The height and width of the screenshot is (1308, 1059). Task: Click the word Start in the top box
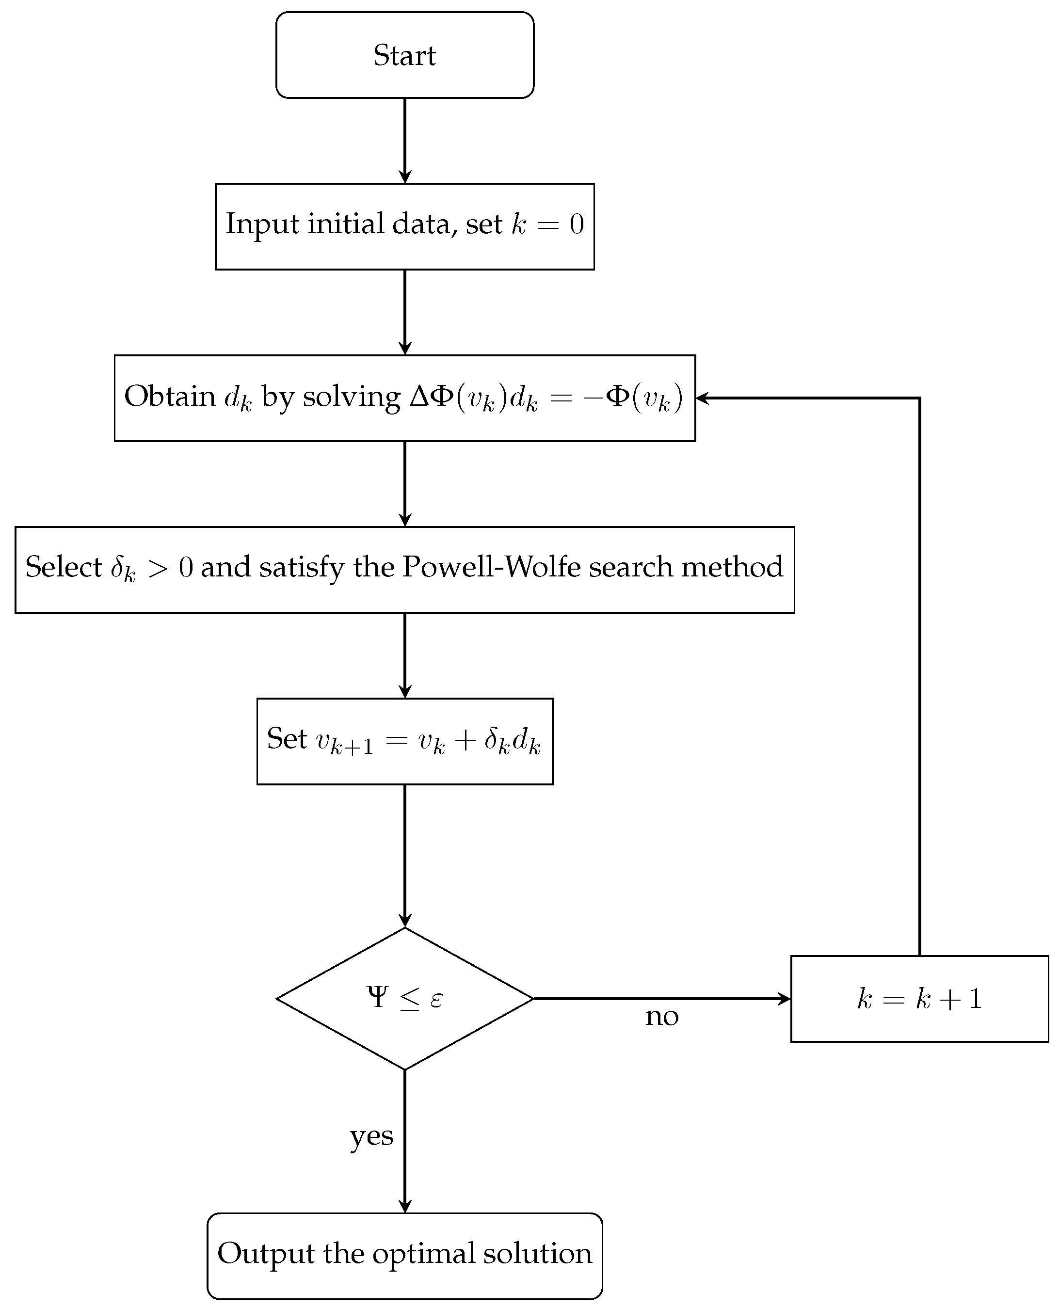[x=404, y=55]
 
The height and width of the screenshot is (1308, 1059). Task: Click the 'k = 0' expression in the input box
[x=547, y=224]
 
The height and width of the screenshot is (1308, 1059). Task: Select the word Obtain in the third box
[x=170, y=397]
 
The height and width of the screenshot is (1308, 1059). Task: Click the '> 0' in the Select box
[x=170, y=568]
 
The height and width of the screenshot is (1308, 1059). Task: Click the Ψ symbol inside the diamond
[x=378, y=997]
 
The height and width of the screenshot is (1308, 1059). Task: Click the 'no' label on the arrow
[x=662, y=1017]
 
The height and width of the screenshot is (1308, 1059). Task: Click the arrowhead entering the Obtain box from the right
[x=702, y=398]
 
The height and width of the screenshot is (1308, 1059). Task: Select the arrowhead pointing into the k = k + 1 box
[x=785, y=999]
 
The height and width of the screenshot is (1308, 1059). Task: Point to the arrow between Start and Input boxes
[x=404, y=140]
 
